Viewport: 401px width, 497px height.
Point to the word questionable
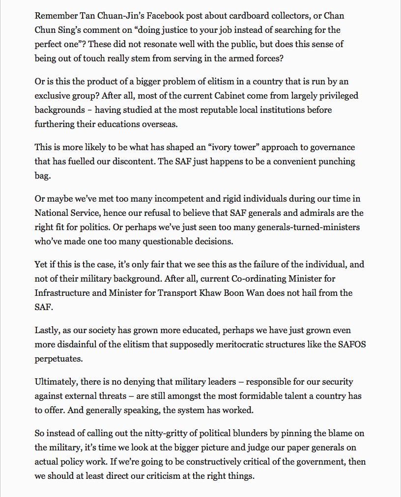[166, 241]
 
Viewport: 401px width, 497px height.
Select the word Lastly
[47, 330]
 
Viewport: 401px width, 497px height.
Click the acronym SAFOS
[352, 344]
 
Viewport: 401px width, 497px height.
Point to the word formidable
[248, 396]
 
